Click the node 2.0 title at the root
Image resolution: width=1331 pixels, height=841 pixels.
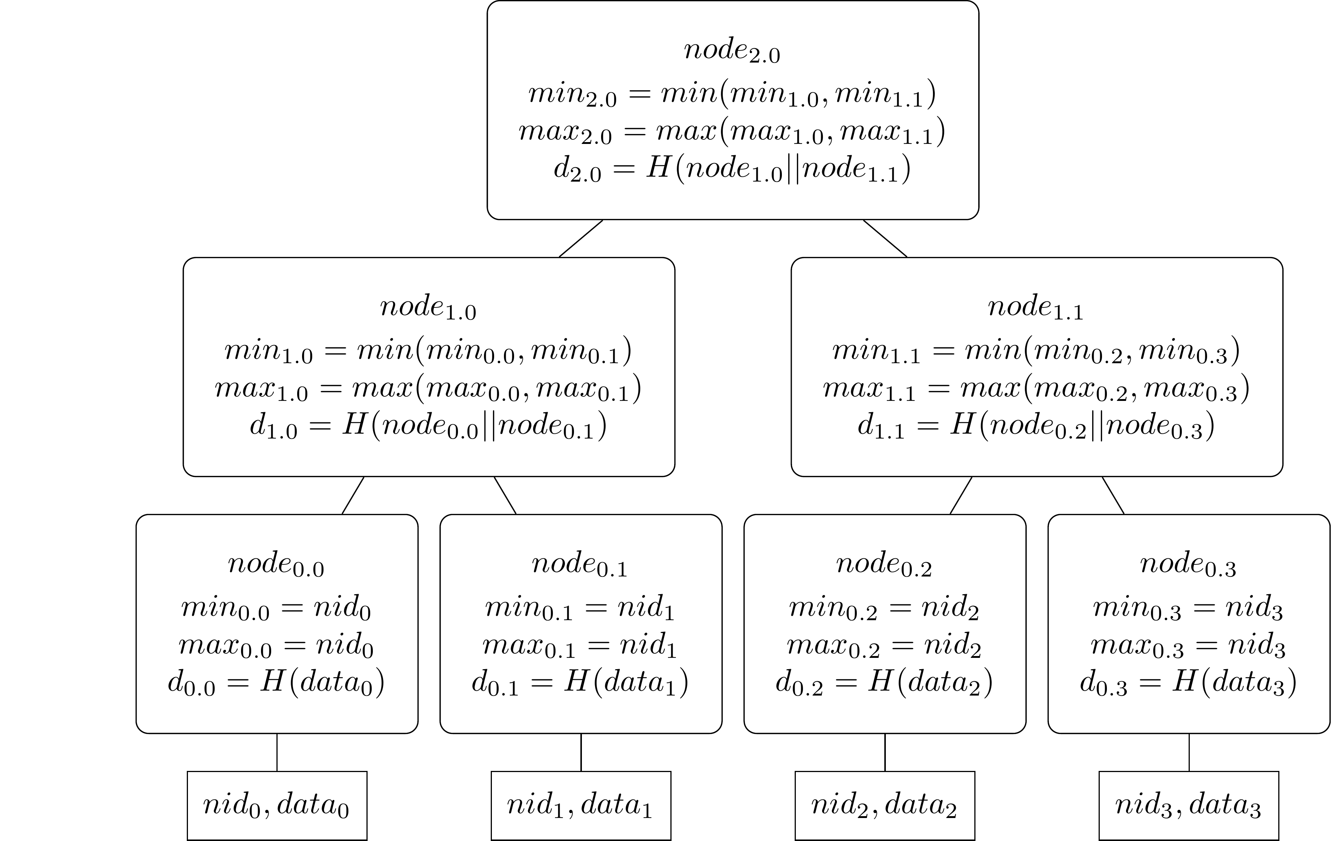(x=732, y=51)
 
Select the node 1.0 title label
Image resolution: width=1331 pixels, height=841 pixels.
(x=428, y=308)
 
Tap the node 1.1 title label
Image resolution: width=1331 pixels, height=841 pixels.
(x=1035, y=308)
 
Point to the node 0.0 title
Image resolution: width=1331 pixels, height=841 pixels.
(x=276, y=565)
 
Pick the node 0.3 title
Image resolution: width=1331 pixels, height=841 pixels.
(x=1188, y=565)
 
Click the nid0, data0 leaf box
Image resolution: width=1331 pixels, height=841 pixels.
(x=277, y=805)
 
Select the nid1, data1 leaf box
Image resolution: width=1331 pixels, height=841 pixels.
(x=580, y=805)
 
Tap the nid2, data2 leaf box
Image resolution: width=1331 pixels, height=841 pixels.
(x=884, y=805)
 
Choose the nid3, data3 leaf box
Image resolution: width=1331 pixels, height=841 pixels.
(x=1188, y=805)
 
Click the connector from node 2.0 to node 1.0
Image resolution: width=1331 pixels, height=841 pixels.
(x=580, y=238)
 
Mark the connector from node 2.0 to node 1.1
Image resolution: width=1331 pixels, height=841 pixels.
(x=885, y=238)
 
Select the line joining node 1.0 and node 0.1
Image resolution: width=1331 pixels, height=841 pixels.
(x=505, y=495)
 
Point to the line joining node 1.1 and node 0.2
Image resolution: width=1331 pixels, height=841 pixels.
(x=961, y=495)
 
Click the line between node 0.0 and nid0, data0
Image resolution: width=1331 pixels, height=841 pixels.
(x=277, y=752)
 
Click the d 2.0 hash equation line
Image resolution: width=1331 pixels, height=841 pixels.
(x=732, y=169)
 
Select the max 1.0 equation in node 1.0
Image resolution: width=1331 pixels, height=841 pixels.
(x=428, y=388)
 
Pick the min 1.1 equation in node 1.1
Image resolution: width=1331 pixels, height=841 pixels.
(x=1035, y=351)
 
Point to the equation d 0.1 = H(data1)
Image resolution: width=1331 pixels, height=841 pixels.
(x=580, y=682)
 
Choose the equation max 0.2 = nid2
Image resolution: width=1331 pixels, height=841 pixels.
(x=884, y=646)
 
